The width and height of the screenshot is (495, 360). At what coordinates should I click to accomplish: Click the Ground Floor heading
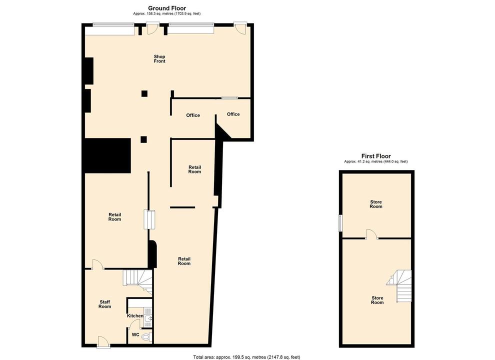tap(167, 8)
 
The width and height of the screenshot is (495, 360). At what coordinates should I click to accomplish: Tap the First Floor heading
tap(376, 156)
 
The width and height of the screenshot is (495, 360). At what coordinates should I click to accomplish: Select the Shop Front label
tap(159, 58)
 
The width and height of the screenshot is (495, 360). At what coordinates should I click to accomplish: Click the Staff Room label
tap(104, 304)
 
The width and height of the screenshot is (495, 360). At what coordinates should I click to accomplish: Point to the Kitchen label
tap(135, 316)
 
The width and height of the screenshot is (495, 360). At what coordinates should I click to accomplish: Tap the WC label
tap(135, 334)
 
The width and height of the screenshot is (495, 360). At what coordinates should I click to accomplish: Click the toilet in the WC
tap(146, 337)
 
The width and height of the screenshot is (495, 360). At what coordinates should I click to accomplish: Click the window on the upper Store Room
tap(340, 223)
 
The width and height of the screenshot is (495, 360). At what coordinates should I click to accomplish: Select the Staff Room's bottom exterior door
tap(103, 342)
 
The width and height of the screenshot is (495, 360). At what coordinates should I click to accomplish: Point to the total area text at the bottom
tap(246, 357)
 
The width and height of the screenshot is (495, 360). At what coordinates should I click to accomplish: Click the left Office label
tap(193, 115)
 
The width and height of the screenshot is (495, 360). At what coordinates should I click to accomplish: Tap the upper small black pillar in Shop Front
tap(144, 93)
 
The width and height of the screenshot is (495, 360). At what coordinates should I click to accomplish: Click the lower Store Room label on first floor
tap(377, 300)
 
